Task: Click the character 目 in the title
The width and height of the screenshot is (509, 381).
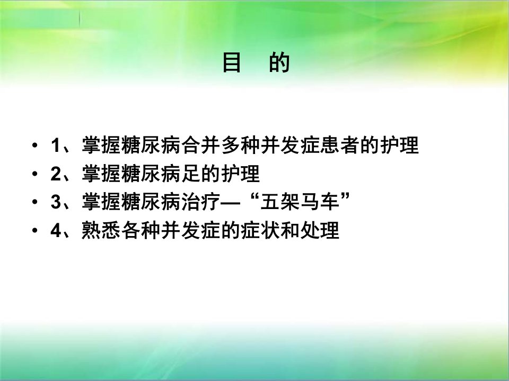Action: [x=232, y=62]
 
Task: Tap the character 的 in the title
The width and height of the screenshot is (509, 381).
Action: [x=279, y=62]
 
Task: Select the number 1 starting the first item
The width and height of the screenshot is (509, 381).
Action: [x=56, y=145]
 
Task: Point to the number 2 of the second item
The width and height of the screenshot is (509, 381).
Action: [x=56, y=174]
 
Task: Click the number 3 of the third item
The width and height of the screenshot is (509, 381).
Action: [x=56, y=202]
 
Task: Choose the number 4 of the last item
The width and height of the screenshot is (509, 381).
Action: [x=56, y=230]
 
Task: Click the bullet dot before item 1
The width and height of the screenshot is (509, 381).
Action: [x=35, y=145]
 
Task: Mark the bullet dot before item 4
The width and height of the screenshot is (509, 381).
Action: [x=35, y=230]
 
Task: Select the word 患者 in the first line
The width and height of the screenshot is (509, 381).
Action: [x=340, y=145]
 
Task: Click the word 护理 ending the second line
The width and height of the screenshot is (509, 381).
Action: [x=241, y=174]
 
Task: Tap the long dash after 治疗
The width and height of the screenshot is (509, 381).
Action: [x=231, y=203]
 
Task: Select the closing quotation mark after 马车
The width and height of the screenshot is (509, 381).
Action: [x=345, y=196]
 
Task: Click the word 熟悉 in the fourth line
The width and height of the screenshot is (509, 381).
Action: [x=102, y=230]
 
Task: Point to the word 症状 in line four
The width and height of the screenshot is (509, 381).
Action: [x=261, y=230]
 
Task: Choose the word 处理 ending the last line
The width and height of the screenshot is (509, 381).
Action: [x=320, y=230]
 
